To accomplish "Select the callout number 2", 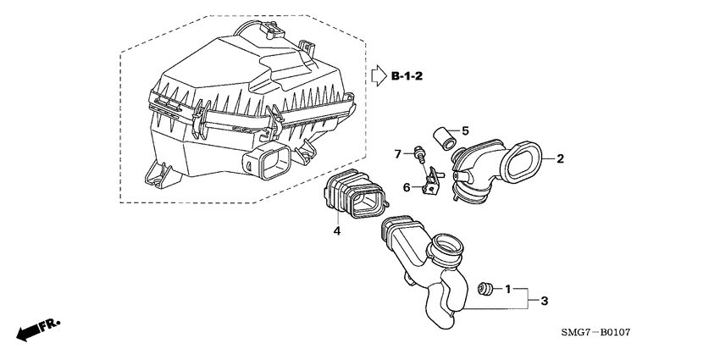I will pyautogui.click(x=560, y=158).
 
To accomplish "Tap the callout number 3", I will pyautogui.click(x=546, y=301).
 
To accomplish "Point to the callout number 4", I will pyautogui.click(x=336, y=230).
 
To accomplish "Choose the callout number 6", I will pyautogui.click(x=406, y=186).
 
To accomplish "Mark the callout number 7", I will pyautogui.click(x=396, y=153).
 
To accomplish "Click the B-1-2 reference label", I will pyautogui.click(x=407, y=77).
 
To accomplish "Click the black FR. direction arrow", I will pyautogui.click(x=31, y=330).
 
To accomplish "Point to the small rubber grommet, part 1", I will pyautogui.click(x=486, y=289).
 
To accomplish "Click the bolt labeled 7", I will pyautogui.click(x=418, y=154).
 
